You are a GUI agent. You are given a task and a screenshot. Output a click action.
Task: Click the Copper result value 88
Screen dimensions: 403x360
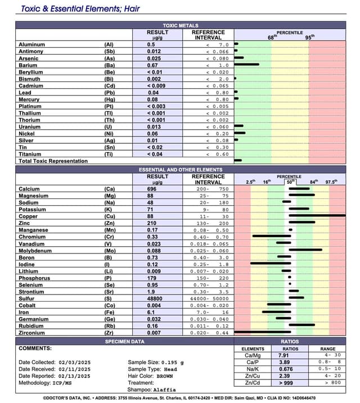(x=150, y=215)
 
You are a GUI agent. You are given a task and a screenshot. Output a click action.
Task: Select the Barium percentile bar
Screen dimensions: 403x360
(x=246, y=64)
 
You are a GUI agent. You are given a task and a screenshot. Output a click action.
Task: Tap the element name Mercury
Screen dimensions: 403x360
(x=30, y=99)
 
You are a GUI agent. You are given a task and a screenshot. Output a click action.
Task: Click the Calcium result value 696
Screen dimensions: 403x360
(x=152, y=189)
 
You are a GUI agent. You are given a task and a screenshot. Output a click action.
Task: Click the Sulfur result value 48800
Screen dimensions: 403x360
(x=156, y=298)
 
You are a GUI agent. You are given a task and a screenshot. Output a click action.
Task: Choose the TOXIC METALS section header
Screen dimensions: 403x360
(x=181, y=26)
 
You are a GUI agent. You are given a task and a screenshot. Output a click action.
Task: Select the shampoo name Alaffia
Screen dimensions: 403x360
(x=165, y=389)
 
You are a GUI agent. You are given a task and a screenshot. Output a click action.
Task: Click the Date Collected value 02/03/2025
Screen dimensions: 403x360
(x=73, y=363)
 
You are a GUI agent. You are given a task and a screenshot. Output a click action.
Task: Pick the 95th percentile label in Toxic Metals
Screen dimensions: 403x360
(x=309, y=38)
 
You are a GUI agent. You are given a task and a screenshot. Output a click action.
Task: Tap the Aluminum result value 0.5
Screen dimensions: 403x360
(x=151, y=44)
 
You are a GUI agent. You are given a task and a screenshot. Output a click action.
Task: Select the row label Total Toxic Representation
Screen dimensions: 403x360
(x=53, y=161)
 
